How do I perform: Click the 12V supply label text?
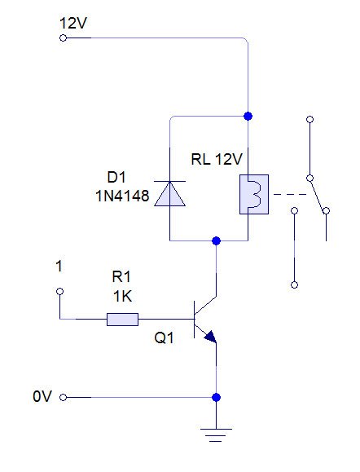point(72,23)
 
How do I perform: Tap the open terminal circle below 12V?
point(63,37)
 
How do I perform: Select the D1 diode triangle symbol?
point(169,192)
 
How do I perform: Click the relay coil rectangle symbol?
point(248,194)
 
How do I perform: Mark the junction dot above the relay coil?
point(248,116)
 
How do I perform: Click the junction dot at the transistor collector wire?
point(216,241)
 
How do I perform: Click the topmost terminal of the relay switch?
point(309,120)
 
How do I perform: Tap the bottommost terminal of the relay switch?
point(294,285)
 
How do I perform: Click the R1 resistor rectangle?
point(122,319)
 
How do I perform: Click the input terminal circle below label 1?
point(59,291)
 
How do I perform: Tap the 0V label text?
point(42,397)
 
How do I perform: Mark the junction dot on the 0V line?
point(216,397)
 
